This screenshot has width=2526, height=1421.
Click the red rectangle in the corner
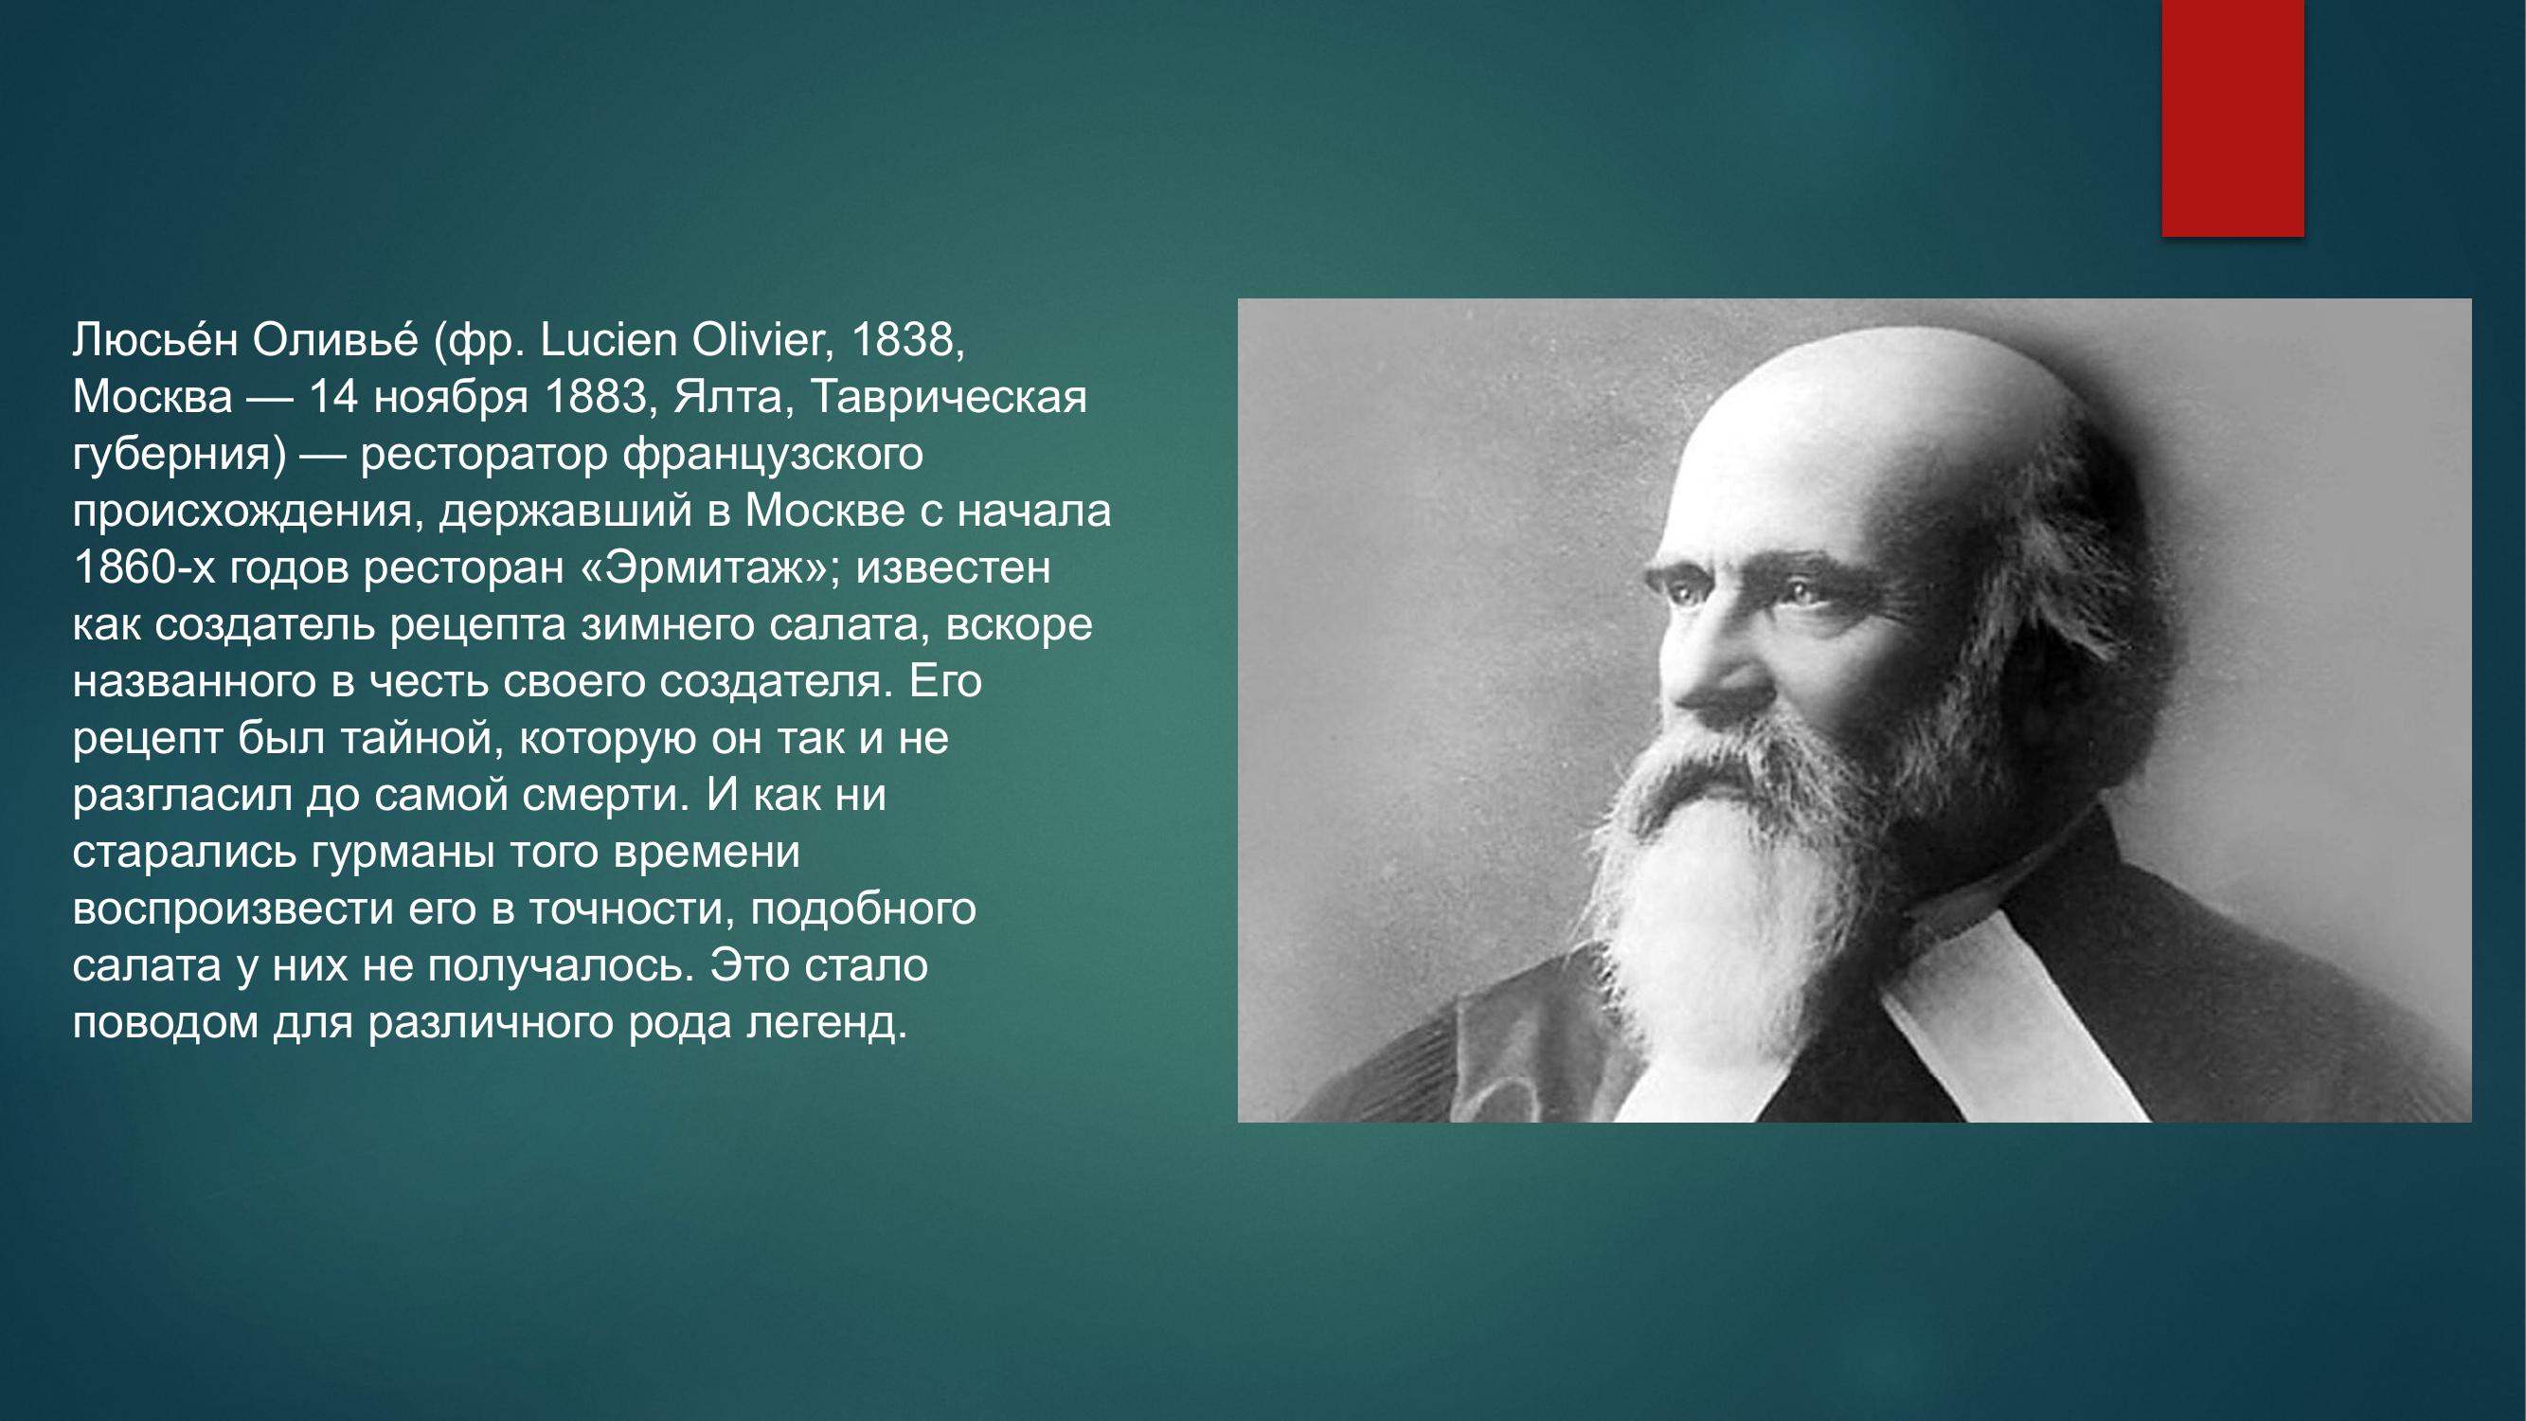[2232, 117]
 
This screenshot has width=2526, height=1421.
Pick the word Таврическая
[949, 397]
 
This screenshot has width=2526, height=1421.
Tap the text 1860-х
[143, 567]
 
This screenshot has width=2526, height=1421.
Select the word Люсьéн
[155, 339]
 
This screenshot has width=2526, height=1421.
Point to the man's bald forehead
[1824, 461]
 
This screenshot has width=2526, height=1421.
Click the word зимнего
[666, 624]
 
